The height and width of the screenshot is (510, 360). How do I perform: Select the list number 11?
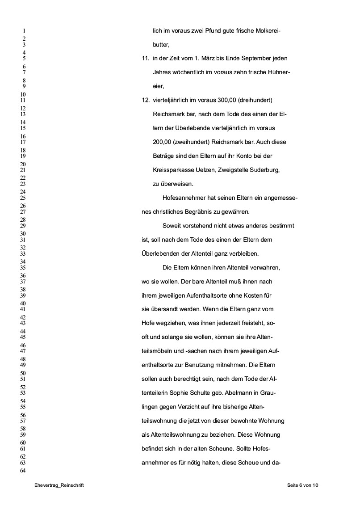(145, 58)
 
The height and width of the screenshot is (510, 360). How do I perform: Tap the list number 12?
(145, 100)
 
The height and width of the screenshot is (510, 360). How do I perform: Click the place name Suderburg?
(264, 170)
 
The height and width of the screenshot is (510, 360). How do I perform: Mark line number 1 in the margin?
(24, 31)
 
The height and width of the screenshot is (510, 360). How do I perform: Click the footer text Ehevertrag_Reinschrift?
(59, 485)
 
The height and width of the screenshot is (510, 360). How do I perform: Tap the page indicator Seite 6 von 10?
(303, 485)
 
